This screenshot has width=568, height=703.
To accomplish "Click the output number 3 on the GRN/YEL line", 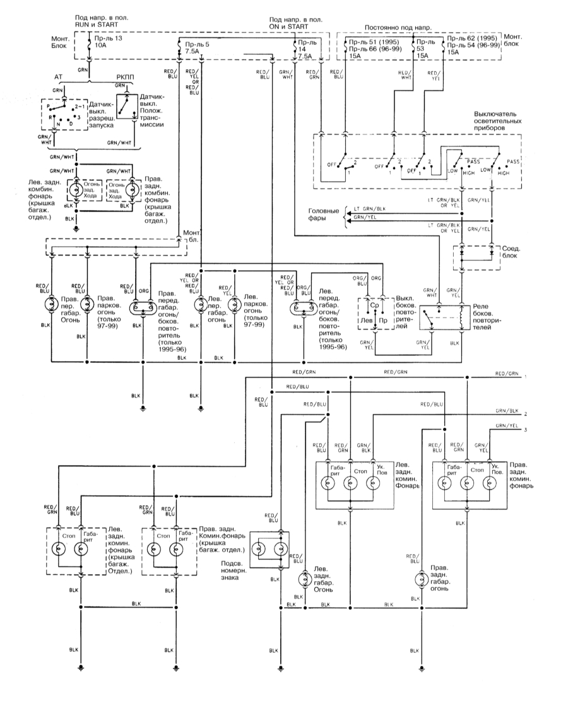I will coord(525,430).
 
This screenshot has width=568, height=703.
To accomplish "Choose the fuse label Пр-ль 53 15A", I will coord(425,49).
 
